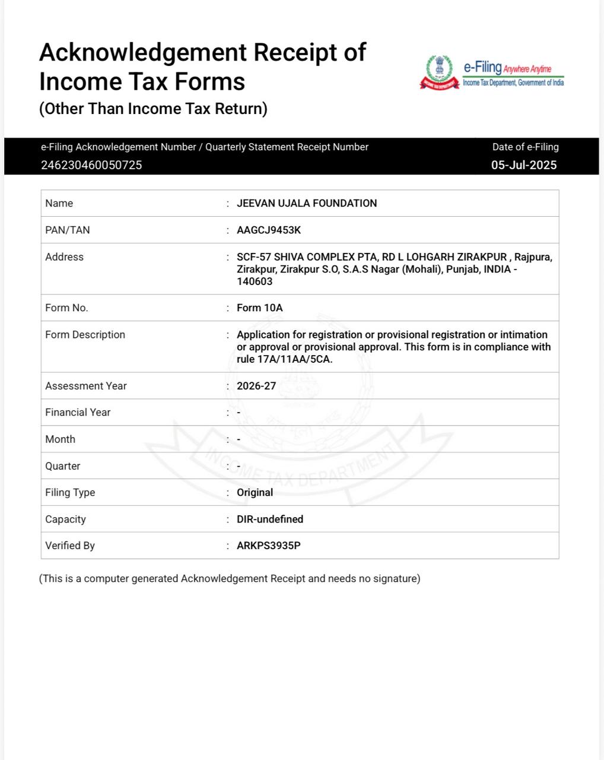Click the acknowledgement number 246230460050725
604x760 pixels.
click(x=91, y=165)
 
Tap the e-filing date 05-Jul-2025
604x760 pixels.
click(x=524, y=165)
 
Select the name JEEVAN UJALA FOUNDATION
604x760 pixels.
click(x=307, y=203)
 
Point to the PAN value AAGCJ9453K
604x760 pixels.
click(x=269, y=230)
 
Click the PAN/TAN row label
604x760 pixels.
click(x=68, y=230)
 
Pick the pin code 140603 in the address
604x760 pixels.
click(x=255, y=281)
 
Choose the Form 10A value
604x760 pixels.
click(x=260, y=308)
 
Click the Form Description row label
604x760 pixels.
click(x=85, y=335)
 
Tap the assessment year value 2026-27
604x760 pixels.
click(x=256, y=386)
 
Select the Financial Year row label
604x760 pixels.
click(x=78, y=412)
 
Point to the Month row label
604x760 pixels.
click(x=61, y=439)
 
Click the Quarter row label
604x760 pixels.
click(x=63, y=466)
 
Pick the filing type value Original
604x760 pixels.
click(x=255, y=492)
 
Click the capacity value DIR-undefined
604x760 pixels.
click(x=270, y=519)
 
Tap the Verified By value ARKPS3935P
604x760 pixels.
click(x=269, y=546)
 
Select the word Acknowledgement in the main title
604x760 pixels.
click(x=143, y=52)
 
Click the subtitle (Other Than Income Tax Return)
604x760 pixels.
click(x=153, y=109)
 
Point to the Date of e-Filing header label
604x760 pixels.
click(x=525, y=147)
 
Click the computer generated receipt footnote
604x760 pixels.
click(x=230, y=578)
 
